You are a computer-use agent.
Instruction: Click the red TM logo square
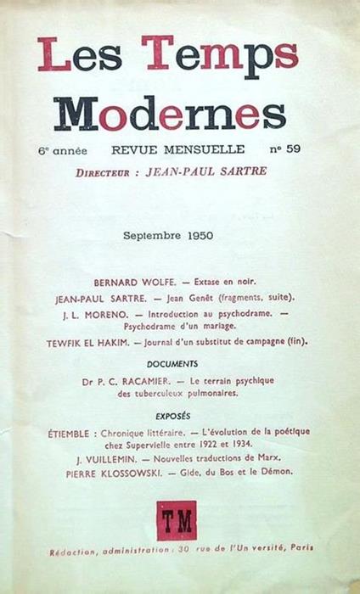point(177,520)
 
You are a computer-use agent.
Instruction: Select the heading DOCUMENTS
point(172,363)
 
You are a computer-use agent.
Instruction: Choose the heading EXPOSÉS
point(172,417)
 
